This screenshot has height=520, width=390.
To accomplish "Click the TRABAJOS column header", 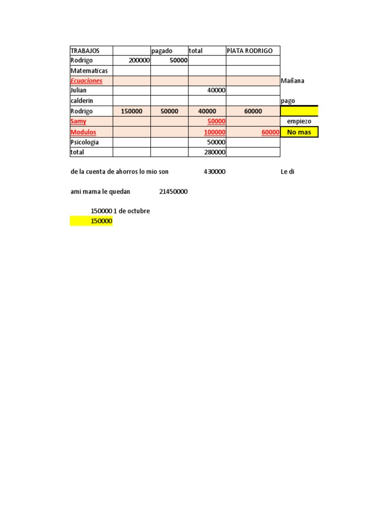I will [x=85, y=51].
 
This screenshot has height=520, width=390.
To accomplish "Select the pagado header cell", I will [x=162, y=51].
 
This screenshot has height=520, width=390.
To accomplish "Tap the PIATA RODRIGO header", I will [x=249, y=51].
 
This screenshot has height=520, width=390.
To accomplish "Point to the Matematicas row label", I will [x=89, y=71].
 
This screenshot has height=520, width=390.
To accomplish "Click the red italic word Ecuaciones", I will [x=86, y=81].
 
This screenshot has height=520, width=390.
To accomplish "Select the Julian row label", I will [x=79, y=90].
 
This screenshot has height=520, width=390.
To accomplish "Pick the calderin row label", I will [x=82, y=101].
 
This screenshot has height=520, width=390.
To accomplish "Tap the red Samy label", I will [x=78, y=121].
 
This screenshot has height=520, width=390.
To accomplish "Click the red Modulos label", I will [x=83, y=132].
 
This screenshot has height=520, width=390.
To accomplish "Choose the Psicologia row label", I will [x=85, y=142].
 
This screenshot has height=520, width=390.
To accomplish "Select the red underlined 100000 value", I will [x=214, y=132].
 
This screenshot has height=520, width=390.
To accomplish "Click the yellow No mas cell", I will [x=299, y=132].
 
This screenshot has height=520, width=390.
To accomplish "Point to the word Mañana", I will [x=292, y=81].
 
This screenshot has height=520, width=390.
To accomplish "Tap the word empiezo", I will [x=299, y=121].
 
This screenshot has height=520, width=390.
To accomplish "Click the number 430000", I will [x=214, y=172].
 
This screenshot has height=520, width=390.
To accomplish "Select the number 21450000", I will [x=174, y=192].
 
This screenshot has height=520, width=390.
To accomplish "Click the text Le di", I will [x=287, y=172].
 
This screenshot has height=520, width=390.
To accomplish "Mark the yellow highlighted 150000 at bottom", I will [x=101, y=221].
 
